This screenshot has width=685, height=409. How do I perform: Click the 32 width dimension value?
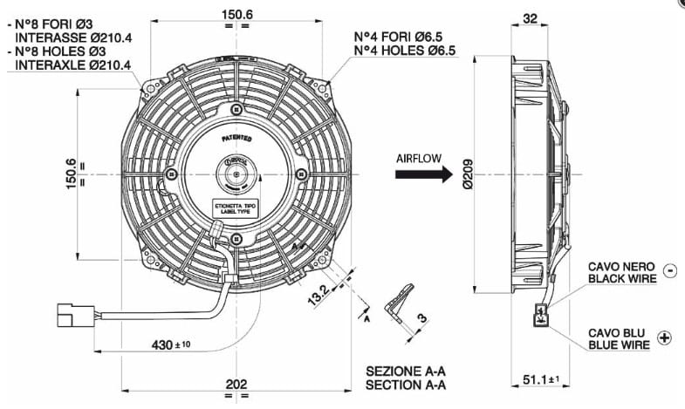pos(530,17)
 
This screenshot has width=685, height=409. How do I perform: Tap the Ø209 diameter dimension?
pos(467,175)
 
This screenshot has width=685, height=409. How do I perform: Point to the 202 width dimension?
pos(236,384)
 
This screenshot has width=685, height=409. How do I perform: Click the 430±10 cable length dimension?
pos(172,344)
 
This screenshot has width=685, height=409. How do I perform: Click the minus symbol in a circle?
pos(669,270)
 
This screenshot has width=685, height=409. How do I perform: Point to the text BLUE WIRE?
pos(619,345)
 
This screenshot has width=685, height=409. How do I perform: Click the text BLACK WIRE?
pos(621,279)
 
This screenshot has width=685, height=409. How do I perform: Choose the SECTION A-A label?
pos(406,385)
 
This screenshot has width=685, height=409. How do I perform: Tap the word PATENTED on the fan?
pos(236,137)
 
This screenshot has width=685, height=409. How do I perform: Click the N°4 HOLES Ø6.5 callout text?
pos(405,51)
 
